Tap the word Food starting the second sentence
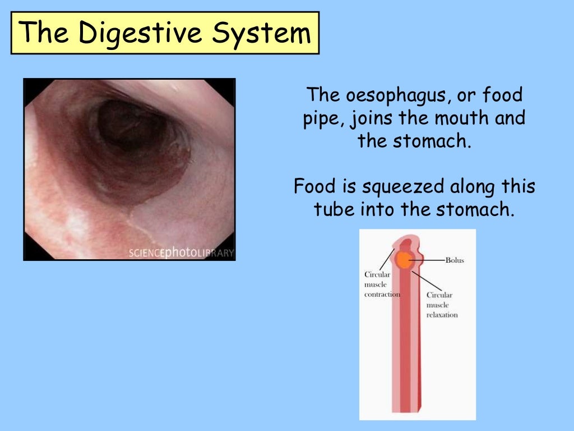[x=313, y=186]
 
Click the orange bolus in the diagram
[x=403, y=260]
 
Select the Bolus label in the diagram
[x=455, y=260]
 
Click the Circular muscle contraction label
[x=382, y=285]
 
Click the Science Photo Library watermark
[x=180, y=253]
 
